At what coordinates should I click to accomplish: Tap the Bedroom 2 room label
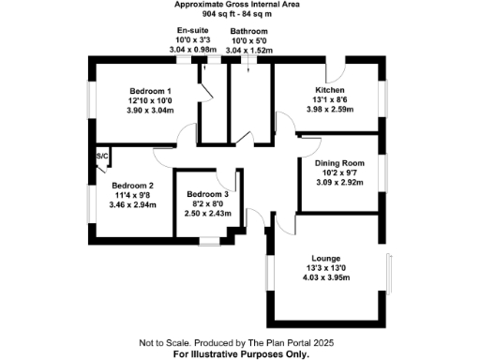(131, 185)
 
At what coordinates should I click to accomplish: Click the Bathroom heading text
(250, 31)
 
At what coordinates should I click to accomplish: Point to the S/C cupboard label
(101, 156)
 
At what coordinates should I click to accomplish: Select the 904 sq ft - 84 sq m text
(239, 14)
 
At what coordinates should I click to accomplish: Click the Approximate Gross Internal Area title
(239, 5)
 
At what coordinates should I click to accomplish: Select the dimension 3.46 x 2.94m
(131, 205)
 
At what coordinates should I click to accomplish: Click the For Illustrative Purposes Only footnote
(240, 354)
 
